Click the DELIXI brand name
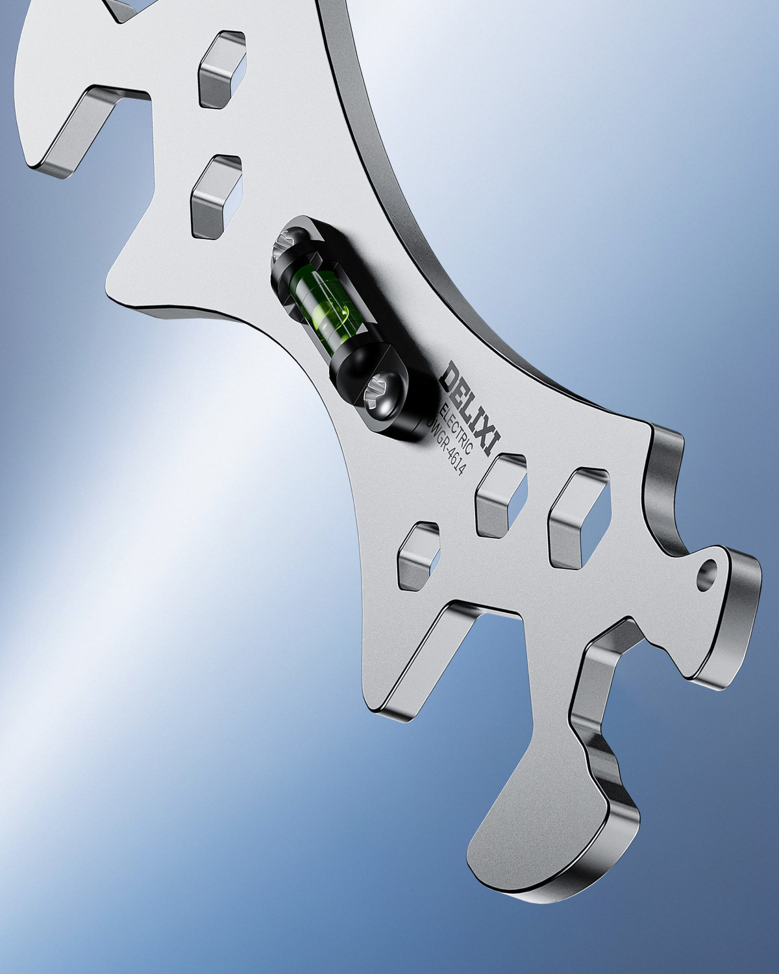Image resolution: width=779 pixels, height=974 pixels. [471, 408]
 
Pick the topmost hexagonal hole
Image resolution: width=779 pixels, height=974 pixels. [223, 69]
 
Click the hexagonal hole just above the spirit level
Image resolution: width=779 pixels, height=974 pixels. [216, 196]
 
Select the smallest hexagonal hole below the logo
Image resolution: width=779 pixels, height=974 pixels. [419, 556]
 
